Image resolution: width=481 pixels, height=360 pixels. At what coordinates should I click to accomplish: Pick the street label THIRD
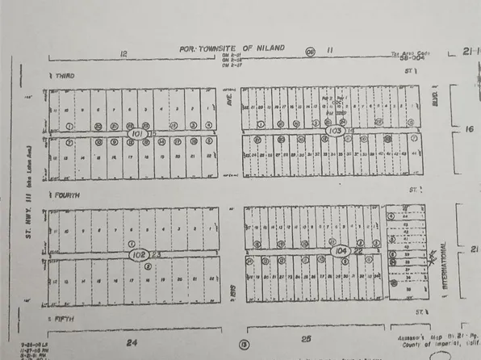pos(64,75)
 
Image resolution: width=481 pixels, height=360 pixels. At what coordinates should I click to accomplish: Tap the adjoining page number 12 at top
pos(123,52)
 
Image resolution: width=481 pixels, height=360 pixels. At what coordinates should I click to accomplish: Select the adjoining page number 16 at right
pos(470,128)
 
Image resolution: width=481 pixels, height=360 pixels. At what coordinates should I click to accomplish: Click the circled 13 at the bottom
pos(242,345)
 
